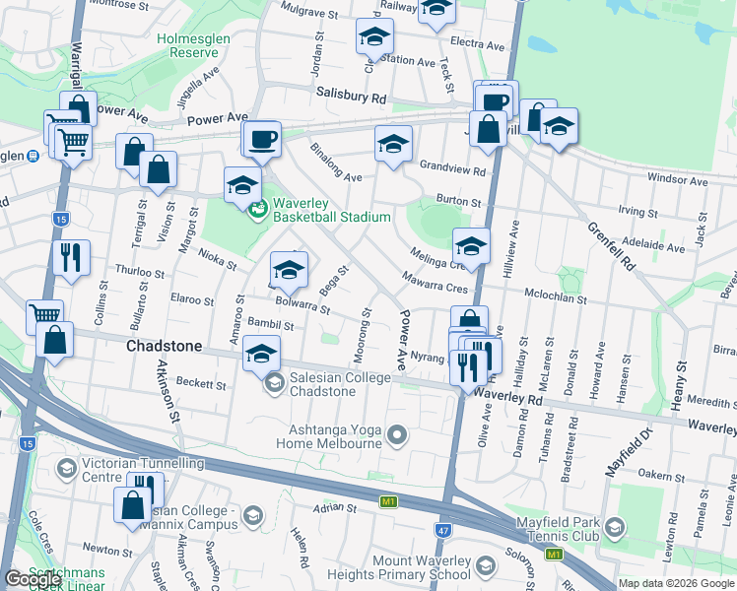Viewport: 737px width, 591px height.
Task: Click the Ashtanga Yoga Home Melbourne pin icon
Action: coord(397,434)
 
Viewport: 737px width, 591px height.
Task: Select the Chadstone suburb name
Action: coord(164,348)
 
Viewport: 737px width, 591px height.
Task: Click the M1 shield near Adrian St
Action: coord(388,502)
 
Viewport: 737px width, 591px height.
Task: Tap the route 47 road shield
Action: coord(442,531)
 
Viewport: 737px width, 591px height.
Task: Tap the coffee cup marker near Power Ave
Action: coord(261,139)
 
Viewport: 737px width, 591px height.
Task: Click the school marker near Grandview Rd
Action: coord(392,144)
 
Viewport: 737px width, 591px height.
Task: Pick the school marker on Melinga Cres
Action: coord(471,246)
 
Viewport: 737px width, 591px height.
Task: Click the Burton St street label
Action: coord(459,202)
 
